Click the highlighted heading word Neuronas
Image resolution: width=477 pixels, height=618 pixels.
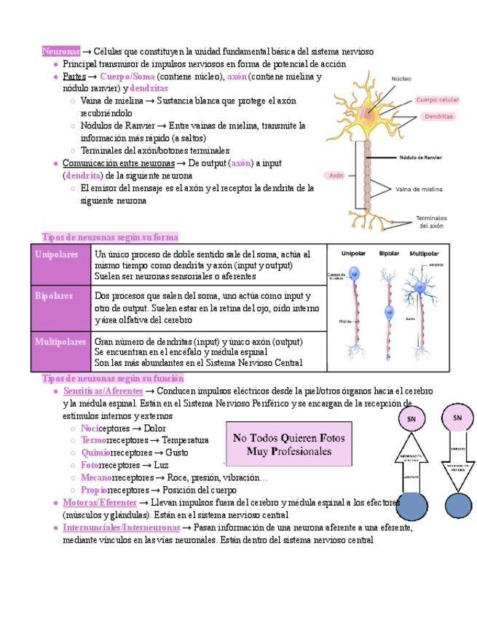pos(61,52)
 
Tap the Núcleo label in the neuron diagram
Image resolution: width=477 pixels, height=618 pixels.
pos(401,79)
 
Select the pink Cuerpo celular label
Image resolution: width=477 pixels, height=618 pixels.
pos(437,100)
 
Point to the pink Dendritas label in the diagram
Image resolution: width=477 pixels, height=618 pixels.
pos(438,116)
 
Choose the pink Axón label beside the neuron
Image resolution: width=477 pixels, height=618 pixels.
pos(336,176)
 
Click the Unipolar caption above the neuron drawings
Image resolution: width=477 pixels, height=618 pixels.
pos(354,254)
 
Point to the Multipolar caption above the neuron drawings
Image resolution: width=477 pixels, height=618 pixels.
pos(425,254)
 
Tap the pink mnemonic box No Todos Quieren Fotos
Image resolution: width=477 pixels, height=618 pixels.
pos(289,444)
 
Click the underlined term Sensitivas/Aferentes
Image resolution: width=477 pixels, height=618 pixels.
pos(103,391)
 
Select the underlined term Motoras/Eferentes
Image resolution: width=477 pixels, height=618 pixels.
pos(100,503)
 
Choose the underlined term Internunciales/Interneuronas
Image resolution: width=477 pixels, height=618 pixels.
pos(122,527)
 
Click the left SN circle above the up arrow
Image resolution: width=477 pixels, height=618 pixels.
pos(411,419)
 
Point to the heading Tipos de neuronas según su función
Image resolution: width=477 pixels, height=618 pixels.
pos(113,379)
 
